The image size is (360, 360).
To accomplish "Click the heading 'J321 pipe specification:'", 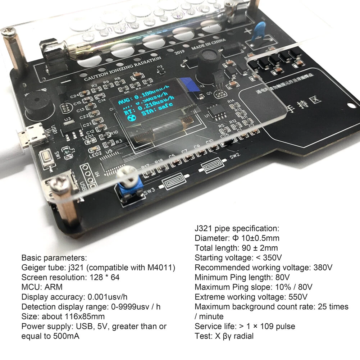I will click(x=236, y=228).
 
